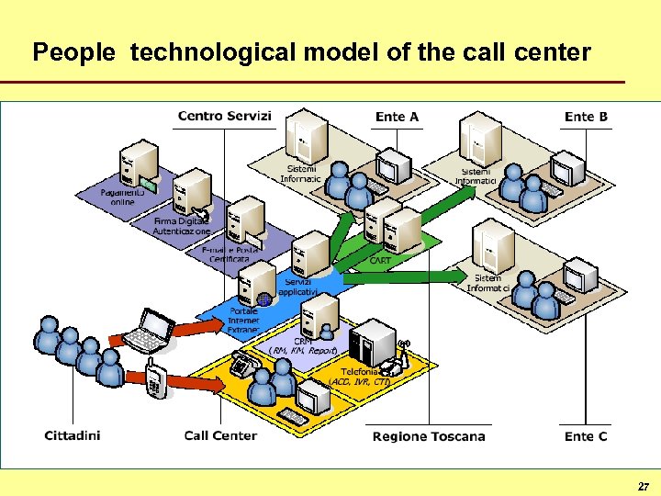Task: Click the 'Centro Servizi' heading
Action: click(x=224, y=116)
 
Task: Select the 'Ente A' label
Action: click(x=397, y=117)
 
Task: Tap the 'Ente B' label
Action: click(x=586, y=117)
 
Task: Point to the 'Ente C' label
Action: click(x=586, y=435)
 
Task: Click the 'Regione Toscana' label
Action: click(x=429, y=435)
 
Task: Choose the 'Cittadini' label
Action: click(x=73, y=435)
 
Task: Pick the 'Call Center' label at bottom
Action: click(x=220, y=435)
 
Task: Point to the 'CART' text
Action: click(x=380, y=261)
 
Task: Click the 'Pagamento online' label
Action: click(x=122, y=197)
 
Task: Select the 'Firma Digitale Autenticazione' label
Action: click(x=181, y=227)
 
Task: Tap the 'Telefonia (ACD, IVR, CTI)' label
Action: click(x=359, y=376)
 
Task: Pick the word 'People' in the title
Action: click(x=73, y=52)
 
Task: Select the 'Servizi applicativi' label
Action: click(x=298, y=286)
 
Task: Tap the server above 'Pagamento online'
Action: click(x=143, y=162)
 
